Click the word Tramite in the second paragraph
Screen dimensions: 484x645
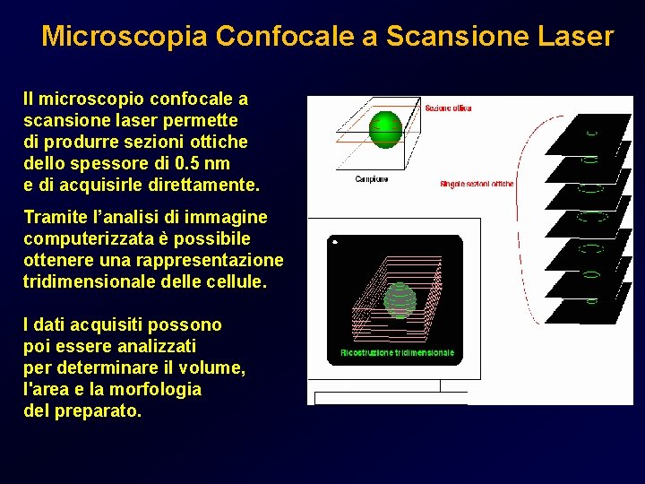[x=55, y=217]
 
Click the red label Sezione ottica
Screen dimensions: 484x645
[x=448, y=108]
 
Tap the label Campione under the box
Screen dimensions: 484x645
[x=372, y=179]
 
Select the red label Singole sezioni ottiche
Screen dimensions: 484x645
[x=477, y=185]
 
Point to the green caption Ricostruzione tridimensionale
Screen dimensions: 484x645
[x=398, y=352]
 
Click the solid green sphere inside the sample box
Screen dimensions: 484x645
[x=386, y=128]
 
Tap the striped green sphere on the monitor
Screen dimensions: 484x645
[x=399, y=298]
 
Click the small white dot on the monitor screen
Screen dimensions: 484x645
[x=333, y=242]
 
